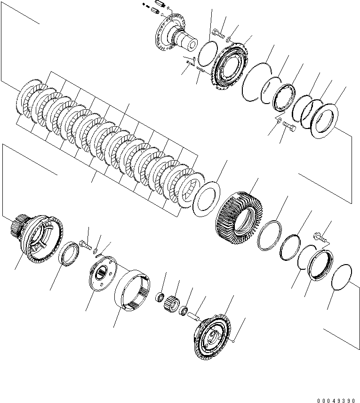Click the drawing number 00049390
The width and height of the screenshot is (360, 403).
tap(336, 400)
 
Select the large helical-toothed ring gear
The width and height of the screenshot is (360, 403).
tap(238, 214)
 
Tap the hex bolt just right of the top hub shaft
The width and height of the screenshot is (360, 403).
tap(218, 33)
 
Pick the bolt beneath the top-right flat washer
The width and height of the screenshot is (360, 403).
tap(289, 126)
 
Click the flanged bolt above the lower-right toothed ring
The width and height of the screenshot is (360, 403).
tap(320, 237)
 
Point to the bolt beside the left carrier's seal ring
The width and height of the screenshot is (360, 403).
tap(86, 244)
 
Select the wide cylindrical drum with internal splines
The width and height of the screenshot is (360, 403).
tap(132, 290)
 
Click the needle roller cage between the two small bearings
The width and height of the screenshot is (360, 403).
tap(172, 304)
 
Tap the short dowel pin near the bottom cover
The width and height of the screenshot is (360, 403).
tap(193, 316)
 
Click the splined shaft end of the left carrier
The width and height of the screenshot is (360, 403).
tap(18, 226)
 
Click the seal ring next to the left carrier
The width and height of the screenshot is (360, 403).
tap(69, 254)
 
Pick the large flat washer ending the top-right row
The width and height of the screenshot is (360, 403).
tap(324, 121)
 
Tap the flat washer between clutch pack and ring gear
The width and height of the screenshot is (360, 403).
tap(206, 199)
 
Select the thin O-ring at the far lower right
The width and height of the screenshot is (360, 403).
tap(342, 278)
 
